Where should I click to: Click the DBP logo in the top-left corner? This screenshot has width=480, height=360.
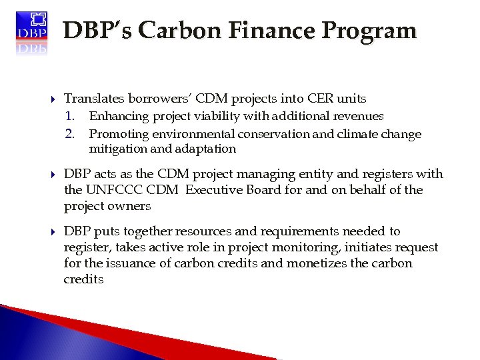(31, 31)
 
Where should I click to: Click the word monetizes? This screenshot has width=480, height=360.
(348, 263)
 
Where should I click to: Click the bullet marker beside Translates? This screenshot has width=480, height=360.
(53, 99)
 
